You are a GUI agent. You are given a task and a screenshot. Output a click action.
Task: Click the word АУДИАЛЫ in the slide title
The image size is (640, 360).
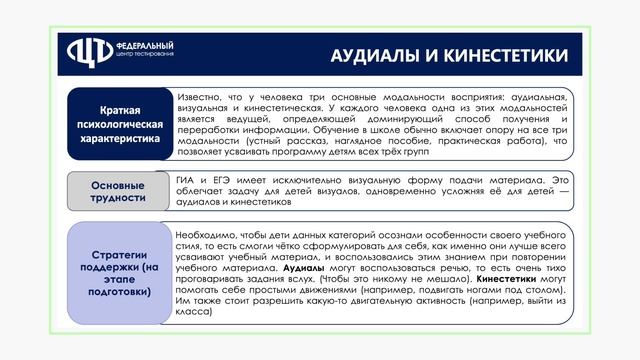[x=372, y=54]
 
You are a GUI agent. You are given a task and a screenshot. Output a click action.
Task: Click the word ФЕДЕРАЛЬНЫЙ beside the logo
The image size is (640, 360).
[x=145, y=46]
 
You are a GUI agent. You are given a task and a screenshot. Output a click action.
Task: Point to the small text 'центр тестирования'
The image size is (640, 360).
[x=145, y=56]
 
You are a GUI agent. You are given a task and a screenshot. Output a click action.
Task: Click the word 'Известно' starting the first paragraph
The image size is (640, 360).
[x=199, y=96]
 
